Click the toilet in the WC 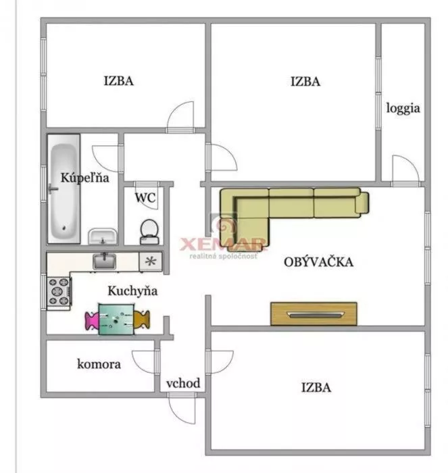click(149, 232)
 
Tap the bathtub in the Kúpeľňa click(64, 189)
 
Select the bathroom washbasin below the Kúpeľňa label click(103, 236)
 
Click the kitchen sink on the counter click(104, 262)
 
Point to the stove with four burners click(59, 291)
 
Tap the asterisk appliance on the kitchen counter click(151, 262)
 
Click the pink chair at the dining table click(92, 320)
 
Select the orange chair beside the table click(142, 320)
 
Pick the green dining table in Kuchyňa click(116, 320)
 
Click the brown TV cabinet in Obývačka click(314, 314)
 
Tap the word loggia click(403, 108)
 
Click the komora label click(99, 364)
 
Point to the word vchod click(183, 383)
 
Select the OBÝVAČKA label click(318, 262)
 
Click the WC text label click(145, 198)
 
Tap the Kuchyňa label click(132, 291)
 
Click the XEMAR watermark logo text click(223, 245)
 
